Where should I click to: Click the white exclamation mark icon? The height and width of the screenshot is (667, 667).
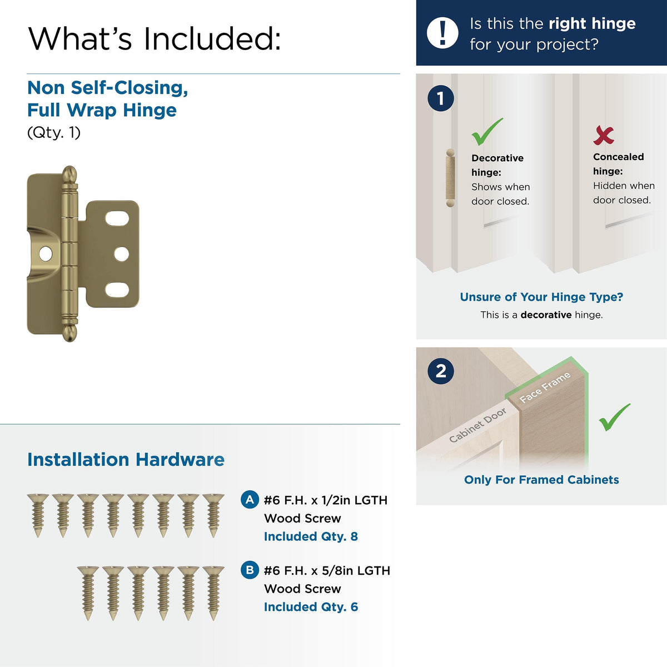click(x=442, y=33)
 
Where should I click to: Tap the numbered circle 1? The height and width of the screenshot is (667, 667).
click(x=441, y=98)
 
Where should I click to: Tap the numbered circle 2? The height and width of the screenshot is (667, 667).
click(x=441, y=371)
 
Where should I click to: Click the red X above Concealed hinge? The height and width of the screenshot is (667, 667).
click(x=603, y=135)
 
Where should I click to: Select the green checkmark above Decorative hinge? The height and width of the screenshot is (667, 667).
click(x=487, y=132)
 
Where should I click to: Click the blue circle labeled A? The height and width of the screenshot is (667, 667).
click(x=250, y=500)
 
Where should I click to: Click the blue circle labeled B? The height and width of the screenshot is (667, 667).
click(x=250, y=570)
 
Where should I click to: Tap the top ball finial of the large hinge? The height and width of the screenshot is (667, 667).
click(x=69, y=174)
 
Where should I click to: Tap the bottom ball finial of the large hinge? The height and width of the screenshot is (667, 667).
click(x=70, y=333)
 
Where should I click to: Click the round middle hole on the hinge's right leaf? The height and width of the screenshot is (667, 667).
click(x=122, y=254)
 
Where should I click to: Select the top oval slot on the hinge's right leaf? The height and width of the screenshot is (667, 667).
click(x=117, y=218)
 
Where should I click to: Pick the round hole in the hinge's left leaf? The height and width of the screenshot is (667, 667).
click(x=46, y=254)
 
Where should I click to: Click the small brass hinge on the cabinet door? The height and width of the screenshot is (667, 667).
click(x=450, y=178)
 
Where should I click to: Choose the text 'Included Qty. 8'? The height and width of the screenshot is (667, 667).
click(x=311, y=536)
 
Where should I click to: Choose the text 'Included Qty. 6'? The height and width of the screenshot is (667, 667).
click(x=311, y=607)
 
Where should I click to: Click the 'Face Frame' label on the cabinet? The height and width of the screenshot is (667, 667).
click(x=545, y=387)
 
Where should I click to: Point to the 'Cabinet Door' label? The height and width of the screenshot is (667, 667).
click(x=477, y=425)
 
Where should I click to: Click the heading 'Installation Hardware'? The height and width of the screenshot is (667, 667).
click(x=126, y=460)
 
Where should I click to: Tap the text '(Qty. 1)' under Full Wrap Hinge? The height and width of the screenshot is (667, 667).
click(x=54, y=133)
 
